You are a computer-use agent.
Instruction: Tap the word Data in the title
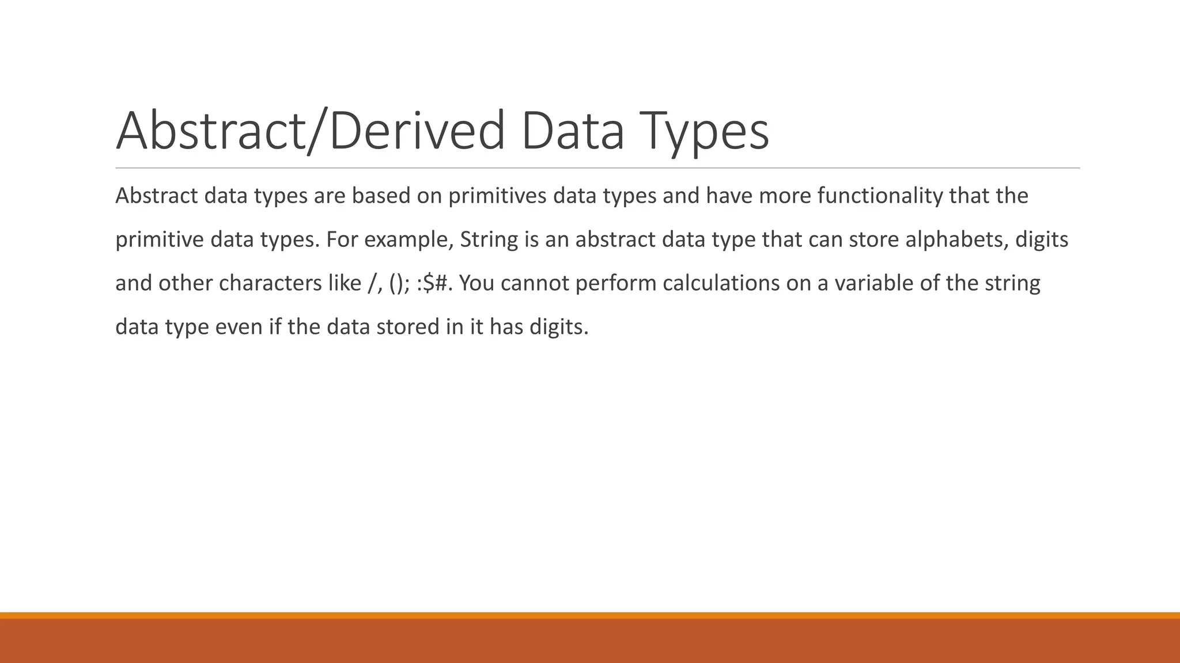coord(573,131)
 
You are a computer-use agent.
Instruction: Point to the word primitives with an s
coord(497,196)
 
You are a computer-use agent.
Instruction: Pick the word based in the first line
coord(381,196)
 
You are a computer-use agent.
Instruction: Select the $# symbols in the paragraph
coord(437,284)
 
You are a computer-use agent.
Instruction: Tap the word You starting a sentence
coord(476,284)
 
